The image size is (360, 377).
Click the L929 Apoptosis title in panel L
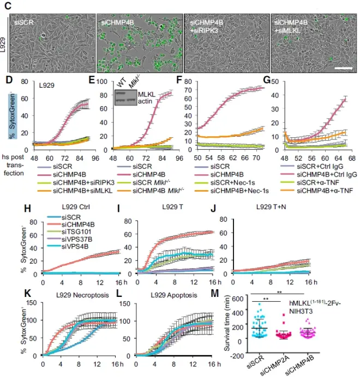(163, 294)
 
